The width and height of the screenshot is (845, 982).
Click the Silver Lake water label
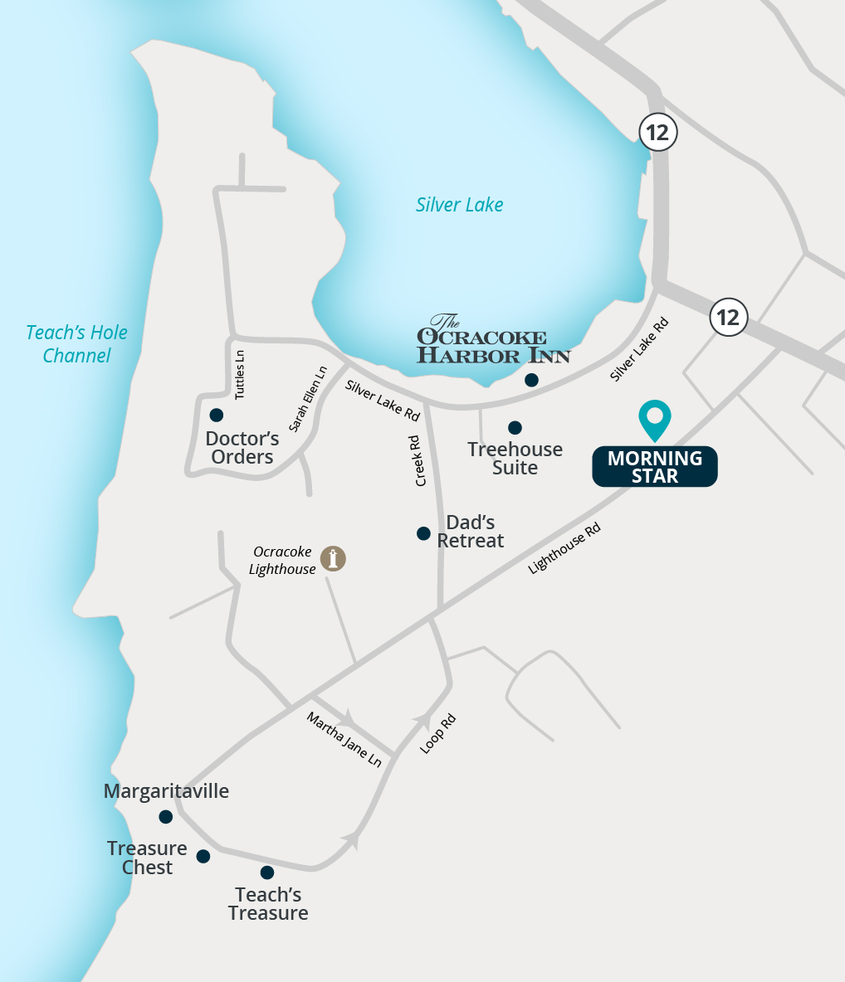(x=459, y=205)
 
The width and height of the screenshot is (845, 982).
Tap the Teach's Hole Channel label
(x=76, y=344)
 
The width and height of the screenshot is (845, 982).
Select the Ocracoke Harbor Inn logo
(x=493, y=340)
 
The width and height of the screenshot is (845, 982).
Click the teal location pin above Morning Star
(x=655, y=420)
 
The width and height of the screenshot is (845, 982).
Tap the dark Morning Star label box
(x=655, y=467)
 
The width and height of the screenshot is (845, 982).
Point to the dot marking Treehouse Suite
(x=515, y=428)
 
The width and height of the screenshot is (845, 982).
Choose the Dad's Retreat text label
(x=471, y=532)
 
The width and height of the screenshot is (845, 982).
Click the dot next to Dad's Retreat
(x=423, y=533)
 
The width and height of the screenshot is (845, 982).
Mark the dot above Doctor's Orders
(x=217, y=415)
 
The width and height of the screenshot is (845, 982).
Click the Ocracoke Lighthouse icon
(x=333, y=558)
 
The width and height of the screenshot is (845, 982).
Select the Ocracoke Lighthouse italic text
(x=282, y=561)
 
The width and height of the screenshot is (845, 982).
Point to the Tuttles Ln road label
(x=240, y=375)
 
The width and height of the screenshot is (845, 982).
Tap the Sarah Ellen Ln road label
(x=308, y=399)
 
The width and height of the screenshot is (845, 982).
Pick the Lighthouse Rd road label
(x=564, y=547)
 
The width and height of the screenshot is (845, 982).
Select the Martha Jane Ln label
(x=344, y=739)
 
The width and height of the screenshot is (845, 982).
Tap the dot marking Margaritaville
(x=166, y=817)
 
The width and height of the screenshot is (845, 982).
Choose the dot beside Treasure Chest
(x=203, y=857)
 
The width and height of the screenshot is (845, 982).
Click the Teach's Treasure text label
(x=268, y=904)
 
